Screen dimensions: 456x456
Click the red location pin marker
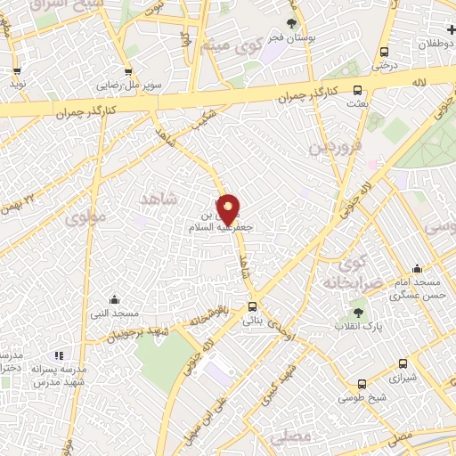pos(229,208)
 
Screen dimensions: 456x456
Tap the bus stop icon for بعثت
pos(357,90)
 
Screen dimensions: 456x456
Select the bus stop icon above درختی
pos(384,52)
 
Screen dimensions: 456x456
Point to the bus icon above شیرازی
pos(403,363)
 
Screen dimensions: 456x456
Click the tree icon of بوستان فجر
pos(292,23)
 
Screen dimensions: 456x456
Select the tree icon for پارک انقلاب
pos(358,313)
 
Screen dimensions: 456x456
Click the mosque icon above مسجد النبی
pos(113,300)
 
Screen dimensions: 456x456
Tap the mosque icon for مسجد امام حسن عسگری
pos(417,269)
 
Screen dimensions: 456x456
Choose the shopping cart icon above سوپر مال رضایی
pos(129,72)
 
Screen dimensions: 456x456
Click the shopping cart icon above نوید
pos(16,71)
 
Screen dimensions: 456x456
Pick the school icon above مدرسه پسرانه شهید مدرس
pos(60,354)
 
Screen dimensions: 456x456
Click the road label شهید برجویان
pos(138,335)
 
